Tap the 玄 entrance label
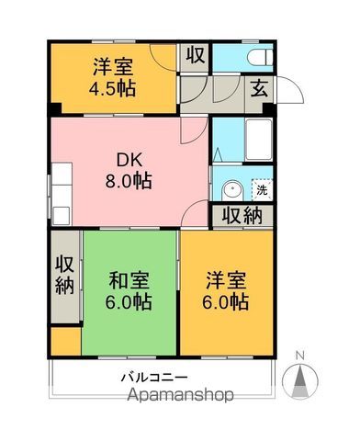(258, 90)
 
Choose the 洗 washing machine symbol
(262, 191)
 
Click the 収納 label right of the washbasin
(241, 217)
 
